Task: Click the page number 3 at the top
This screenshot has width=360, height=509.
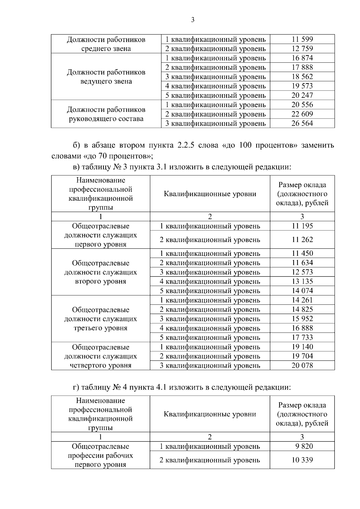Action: point(193,20)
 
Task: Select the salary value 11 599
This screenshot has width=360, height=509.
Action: point(302,39)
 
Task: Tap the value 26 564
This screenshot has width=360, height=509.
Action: point(302,123)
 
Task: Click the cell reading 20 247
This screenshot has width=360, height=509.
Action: point(302,95)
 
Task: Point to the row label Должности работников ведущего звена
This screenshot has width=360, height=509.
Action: point(106,77)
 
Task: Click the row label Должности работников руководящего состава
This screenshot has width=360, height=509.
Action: point(106,114)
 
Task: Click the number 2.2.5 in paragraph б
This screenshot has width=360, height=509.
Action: point(186,145)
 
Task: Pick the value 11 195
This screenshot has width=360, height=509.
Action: point(302,226)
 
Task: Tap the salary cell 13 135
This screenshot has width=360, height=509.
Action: point(302,281)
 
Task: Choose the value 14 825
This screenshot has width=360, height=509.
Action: point(302,309)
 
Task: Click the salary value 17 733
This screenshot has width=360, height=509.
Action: point(302,337)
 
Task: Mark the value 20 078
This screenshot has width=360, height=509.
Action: point(302,365)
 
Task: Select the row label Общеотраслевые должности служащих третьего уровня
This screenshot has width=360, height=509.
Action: point(100,319)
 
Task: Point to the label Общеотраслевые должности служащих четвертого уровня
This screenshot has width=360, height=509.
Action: point(100,356)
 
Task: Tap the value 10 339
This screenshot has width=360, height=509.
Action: point(302,460)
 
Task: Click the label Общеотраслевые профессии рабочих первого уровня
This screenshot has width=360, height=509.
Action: point(100,455)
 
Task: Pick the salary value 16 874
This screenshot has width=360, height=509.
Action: point(302,58)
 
